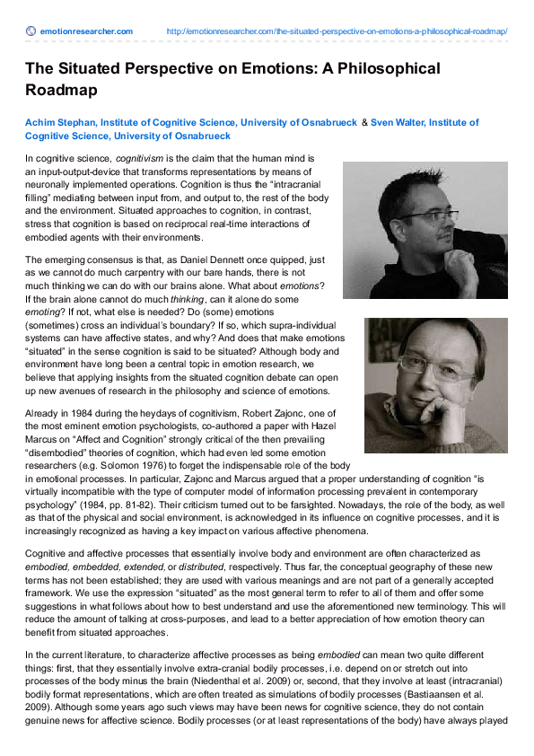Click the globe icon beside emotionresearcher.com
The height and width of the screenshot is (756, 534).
click(x=31, y=31)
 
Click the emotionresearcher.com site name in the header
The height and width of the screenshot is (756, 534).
click(x=85, y=31)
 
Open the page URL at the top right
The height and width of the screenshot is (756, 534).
click(x=337, y=31)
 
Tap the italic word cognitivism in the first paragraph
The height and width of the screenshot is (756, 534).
click(x=140, y=157)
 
